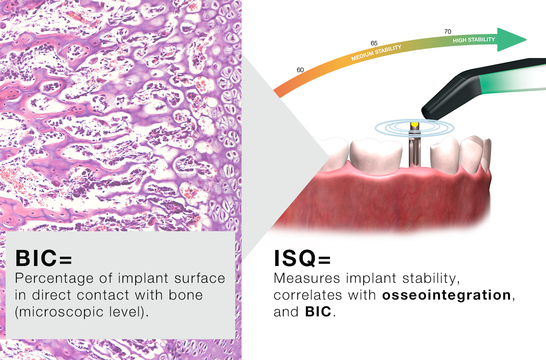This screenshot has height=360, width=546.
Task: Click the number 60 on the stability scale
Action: click(300, 70)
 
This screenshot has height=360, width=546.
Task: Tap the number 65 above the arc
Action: click(374, 43)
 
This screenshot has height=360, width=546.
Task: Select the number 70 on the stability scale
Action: click(448, 32)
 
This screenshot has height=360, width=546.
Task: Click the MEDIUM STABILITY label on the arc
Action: click(376, 53)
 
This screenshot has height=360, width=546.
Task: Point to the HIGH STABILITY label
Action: click(474, 40)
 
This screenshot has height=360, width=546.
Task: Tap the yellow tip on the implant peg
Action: click(414, 124)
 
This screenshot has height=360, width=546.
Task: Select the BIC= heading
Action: click(43, 258)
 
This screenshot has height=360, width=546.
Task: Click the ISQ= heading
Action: click(302, 258)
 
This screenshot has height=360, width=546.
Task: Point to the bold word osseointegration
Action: click(446, 295)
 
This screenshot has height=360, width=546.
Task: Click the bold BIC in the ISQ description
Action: click(318, 312)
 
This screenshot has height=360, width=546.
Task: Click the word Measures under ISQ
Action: click(307, 278)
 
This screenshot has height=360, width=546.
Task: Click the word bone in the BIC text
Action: click(186, 295)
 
